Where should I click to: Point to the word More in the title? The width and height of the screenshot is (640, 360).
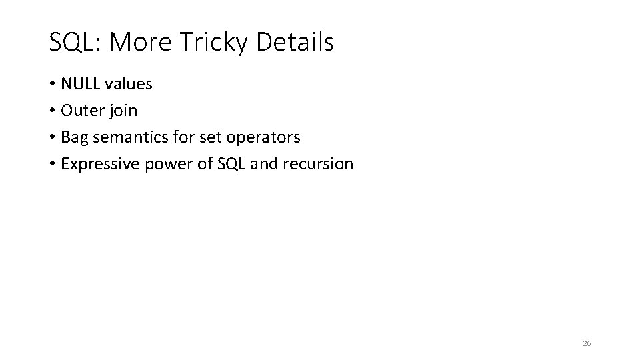tap(141, 43)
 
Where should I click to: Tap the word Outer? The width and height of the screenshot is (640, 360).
tap(81, 111)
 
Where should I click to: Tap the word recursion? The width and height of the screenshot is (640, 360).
tap(321, 164)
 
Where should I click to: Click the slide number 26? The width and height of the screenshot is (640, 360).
tap(587, 343)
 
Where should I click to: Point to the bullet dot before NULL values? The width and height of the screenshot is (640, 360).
tap(52, 85)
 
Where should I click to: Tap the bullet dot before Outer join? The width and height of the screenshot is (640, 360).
tap(52, 111)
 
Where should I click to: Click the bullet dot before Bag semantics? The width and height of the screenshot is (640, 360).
tap(52, 138)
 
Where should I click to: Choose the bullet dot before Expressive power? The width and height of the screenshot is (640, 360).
tap(52, 165)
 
